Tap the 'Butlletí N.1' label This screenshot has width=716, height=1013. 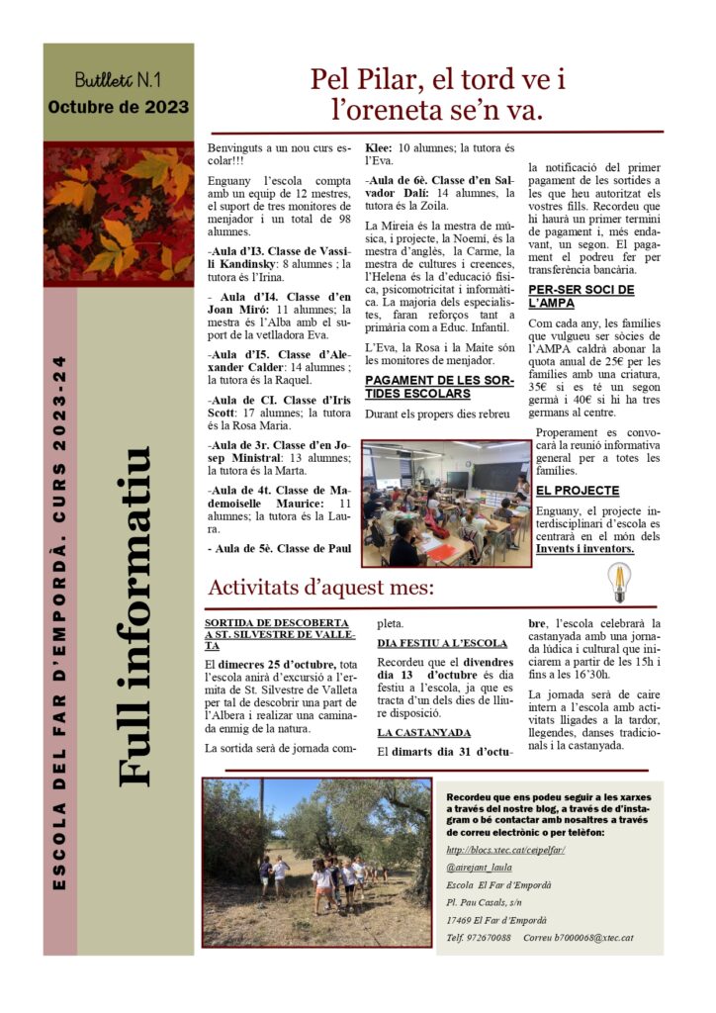point(118,79)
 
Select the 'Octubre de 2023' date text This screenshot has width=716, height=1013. point(118,107)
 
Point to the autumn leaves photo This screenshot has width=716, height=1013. point(118,214)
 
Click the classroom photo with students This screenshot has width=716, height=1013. point(445,504)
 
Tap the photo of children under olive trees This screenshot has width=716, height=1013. point(316,862)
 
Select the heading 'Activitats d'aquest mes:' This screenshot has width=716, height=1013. point(320,587)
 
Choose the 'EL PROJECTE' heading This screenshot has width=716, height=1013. point(578,491)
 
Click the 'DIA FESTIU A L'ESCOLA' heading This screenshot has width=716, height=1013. point(442,642)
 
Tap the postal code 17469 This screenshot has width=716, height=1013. point(461,919)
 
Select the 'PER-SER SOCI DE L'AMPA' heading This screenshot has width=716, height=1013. point(580,296)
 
